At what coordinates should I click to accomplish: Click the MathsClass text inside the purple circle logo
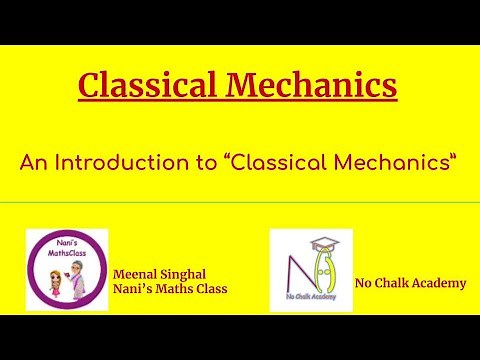pyautogui.click(x=67, y=253)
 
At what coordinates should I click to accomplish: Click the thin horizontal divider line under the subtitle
pyautogui.click(x=240, y=202)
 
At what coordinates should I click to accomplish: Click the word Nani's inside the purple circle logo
pyautogui.click(x=67, y=242)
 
